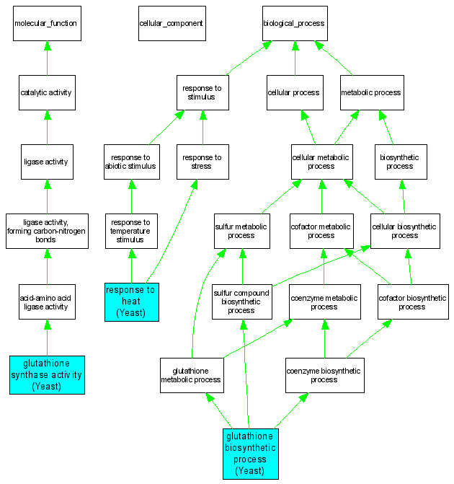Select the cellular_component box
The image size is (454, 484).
[x=171, y=23]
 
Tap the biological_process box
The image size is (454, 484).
[x=294, y=23]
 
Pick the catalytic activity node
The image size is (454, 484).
[x=47, y=92]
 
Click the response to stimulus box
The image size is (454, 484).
[x=202, y=92]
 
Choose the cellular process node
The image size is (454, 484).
[x=293, y=92]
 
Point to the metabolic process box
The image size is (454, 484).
[x=370, y=92]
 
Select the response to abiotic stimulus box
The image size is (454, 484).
[x=130, y=162]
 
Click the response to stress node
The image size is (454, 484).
[x=202, y=162]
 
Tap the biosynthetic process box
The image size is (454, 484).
[x=399, y=162]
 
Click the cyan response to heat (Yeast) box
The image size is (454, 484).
[x=131, y=301]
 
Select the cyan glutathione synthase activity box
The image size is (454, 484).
[x=47, y=375]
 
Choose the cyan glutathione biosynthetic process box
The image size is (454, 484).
[x=250, y=453]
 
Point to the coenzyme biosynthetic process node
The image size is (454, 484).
[x=324, y=375]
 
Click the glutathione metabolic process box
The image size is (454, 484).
[x=190, y=375]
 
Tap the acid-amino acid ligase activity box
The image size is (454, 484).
[x=47, y=301]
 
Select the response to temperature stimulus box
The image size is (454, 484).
[x=131, y=231]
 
